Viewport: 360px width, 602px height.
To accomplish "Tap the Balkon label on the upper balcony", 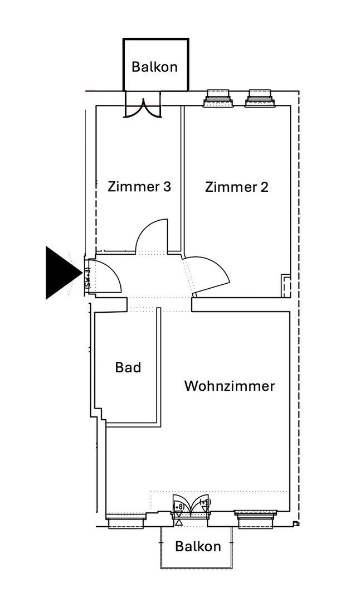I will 154,67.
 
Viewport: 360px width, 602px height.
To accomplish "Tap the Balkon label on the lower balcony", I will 198,546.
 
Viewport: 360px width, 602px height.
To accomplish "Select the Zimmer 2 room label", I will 236,187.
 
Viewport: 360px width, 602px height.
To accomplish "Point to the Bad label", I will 128,368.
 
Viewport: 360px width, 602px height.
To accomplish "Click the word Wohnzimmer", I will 229,386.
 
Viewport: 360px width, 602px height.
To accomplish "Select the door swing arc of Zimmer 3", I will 150,234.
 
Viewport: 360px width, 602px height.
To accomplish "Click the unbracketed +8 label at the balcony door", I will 179,506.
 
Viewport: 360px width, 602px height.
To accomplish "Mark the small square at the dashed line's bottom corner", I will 295,524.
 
